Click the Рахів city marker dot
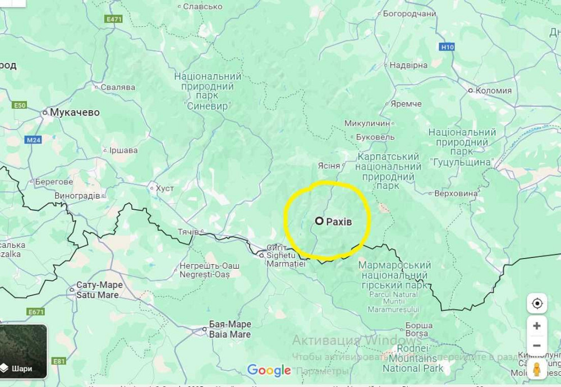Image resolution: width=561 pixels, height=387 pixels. [319, 221]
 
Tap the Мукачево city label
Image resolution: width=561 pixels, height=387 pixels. [74, 112]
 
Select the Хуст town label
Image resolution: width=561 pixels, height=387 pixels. [164, 188]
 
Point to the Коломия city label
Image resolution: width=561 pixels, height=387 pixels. [493, 90]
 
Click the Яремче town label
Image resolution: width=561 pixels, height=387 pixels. [406, 104]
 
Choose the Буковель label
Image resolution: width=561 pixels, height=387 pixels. [375, 137]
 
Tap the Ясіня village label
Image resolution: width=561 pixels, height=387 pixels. [329, 165]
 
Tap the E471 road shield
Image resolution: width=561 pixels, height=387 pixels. [114, 19]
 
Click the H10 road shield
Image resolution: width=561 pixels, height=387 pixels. [447, 47]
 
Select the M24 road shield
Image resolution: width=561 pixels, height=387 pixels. [34, 140]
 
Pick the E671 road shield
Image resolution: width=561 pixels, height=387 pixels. [35, 312]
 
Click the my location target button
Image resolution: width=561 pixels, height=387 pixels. [537, 303]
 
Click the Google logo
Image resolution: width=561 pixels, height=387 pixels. [269, 370]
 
